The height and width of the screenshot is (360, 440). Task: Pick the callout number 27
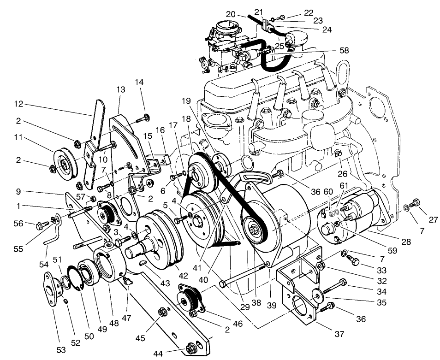point(433,220)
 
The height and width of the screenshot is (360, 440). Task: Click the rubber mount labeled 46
point(189,300)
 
